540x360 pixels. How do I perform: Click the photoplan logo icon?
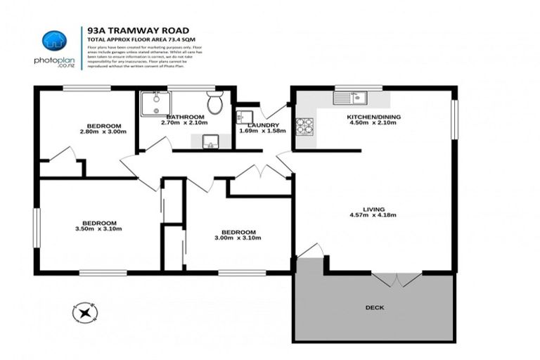(53, 41)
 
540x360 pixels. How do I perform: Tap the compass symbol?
(84, 311)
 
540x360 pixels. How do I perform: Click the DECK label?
(375, 307)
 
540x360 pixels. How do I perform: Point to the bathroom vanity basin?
(210, 143)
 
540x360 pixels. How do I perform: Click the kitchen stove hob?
(304, 127)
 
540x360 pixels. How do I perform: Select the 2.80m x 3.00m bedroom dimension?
(103, 131)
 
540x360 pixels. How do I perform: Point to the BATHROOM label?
(185, 116)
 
